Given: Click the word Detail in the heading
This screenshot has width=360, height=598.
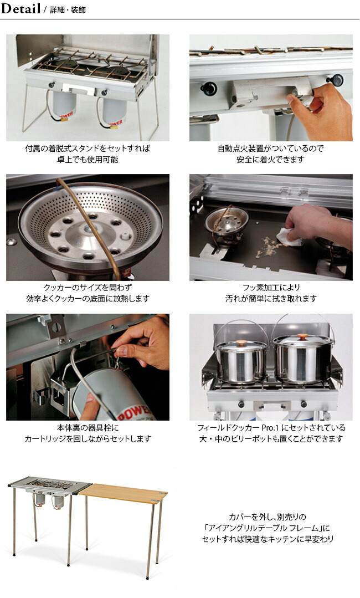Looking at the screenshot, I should tap(21, 9).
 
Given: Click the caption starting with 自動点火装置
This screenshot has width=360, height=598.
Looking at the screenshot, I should tap(271, 149).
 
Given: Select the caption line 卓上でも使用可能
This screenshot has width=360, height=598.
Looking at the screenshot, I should tap(88, 160).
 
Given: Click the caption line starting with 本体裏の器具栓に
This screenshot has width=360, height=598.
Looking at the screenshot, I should tap(88, 428).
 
